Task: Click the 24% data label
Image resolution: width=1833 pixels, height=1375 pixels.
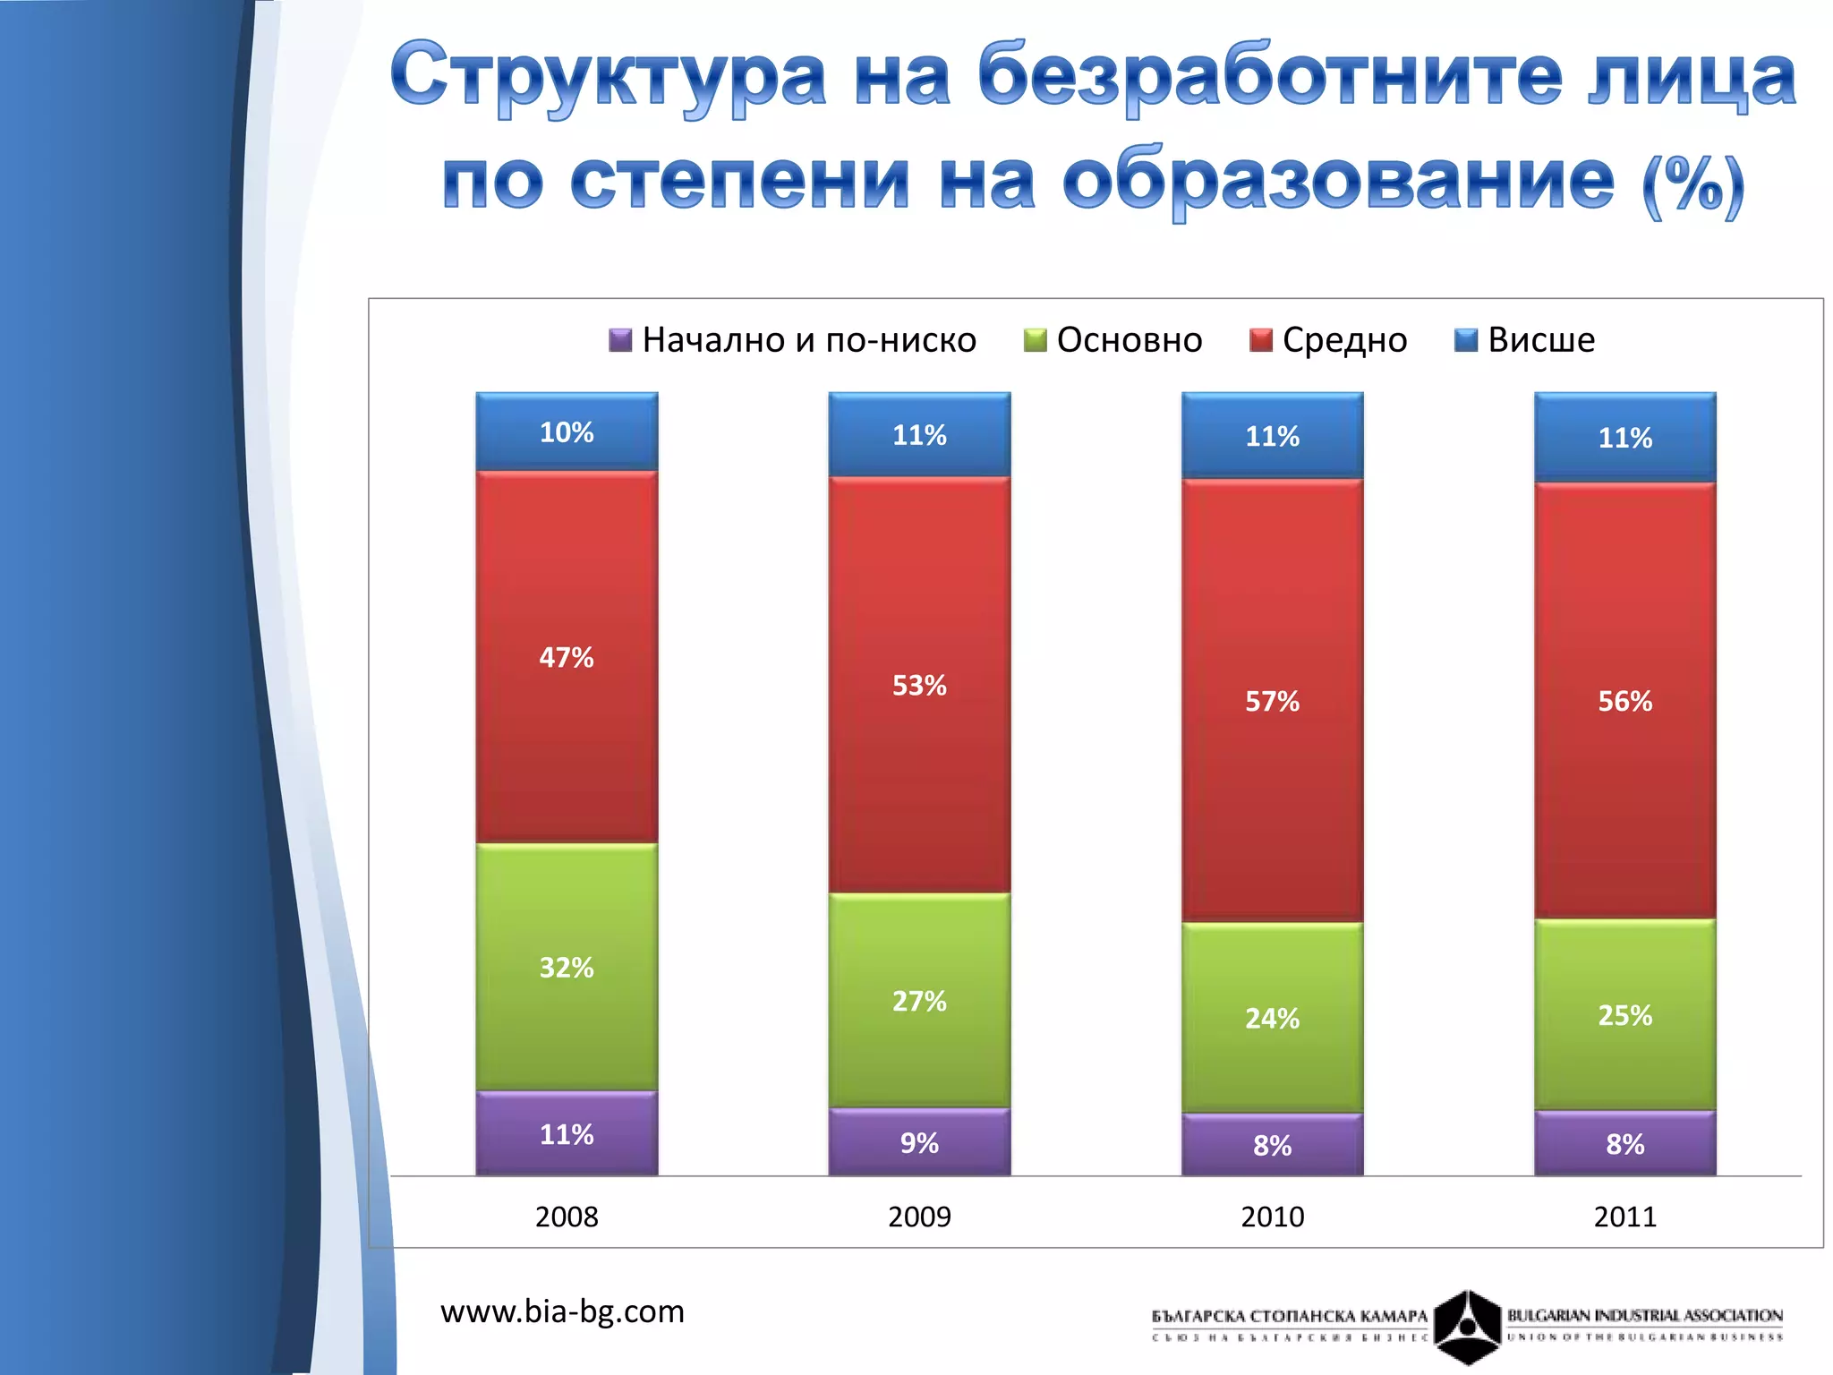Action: pyautogui.click(x=1272, y=1019)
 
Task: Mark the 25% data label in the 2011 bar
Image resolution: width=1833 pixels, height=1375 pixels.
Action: pyautogui.click(x=1624, y=1015)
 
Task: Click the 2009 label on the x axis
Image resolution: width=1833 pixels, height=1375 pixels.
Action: pyautogui.click(x=919, y=1217)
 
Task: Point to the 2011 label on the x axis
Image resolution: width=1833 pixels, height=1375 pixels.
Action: pyautogui.click(x=1624, y=1217)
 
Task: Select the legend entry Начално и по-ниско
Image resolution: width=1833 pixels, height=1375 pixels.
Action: pyautogui.click(x=793, y=340)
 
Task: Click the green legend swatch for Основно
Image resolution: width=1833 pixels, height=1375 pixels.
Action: pyautogui.click(x=1035, y=340)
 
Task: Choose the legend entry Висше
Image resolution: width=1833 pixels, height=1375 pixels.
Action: pyautogui.click(x=1525, y=340)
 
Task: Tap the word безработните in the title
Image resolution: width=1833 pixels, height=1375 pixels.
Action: pyautogui.click(x=1270, y=76)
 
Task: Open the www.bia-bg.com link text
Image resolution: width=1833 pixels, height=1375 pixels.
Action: pyautogui.click(x=562, y=1311)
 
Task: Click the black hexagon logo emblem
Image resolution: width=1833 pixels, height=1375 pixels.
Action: pyautogui.click(x=1467, y=1326)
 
